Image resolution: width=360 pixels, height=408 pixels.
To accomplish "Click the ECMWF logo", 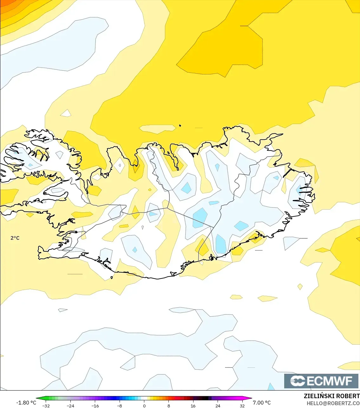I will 321,381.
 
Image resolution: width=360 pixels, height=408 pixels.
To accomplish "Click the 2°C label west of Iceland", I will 15,238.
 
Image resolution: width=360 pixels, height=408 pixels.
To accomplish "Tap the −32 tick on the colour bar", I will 46,405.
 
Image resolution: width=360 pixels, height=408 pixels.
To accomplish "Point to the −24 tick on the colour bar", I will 70,405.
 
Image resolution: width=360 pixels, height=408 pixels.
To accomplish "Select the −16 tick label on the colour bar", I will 95,405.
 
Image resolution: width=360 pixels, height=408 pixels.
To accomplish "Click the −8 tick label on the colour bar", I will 119,405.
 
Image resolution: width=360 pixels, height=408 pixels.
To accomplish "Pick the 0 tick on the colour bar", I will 144,405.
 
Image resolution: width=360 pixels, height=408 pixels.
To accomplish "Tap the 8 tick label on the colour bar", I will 169,405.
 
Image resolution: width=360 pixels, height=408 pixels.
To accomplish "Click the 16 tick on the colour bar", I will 193,405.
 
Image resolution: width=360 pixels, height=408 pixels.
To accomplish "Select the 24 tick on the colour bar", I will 218,405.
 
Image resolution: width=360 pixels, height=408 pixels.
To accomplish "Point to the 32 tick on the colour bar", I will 242,405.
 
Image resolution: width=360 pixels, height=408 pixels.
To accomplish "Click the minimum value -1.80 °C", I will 26,403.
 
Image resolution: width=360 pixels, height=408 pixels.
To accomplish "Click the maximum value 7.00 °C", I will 262,403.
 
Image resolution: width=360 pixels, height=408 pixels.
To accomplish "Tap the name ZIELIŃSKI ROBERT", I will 331,396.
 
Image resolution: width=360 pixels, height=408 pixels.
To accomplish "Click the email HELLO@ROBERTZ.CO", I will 333,403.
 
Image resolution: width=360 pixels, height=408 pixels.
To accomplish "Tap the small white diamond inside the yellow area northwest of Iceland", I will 66,113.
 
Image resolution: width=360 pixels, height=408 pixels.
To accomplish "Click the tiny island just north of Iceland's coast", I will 180,126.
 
